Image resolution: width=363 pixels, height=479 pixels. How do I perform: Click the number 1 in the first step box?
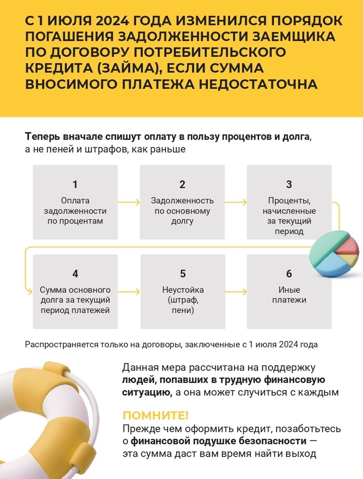tap(75, 184)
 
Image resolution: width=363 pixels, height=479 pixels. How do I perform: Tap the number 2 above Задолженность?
tap(182, 184)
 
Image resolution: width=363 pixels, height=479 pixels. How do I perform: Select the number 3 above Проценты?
tap(289, 184)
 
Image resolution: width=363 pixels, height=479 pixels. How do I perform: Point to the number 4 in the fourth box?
tap(75, 273)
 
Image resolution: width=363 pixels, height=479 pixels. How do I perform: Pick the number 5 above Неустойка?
tap(183, 273)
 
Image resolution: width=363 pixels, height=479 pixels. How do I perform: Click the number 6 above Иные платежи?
tap(289, 273)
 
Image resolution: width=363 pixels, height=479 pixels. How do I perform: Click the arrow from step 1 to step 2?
tap(129, 202)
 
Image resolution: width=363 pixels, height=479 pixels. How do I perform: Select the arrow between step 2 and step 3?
tap(236, 202)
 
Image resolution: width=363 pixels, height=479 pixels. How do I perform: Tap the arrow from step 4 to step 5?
tap(129, 292)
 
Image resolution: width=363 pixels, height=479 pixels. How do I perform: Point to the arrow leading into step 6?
tap(236, 292)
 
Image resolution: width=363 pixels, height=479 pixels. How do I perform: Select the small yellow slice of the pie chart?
tap(351, 260)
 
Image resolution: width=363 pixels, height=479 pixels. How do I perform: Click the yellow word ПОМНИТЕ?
tap(156, 415)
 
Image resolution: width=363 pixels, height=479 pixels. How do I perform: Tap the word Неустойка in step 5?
tap(183, 290)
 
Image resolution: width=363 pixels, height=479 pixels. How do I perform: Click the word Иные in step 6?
tap(289, 290)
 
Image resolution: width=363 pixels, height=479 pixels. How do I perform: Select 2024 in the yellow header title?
tap(112, 21)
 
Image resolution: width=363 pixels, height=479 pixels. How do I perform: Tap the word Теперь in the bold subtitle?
tap(43, 137)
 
